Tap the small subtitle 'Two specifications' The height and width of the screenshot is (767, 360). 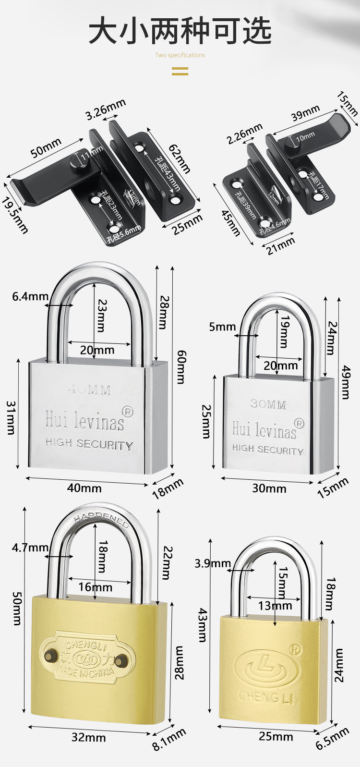pos(180,55)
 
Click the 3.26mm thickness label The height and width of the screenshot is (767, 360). pos(106,109)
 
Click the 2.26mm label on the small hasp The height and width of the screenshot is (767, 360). pos(245,133)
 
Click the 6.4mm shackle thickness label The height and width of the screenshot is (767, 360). pos(30,296)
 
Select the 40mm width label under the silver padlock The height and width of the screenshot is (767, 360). pos(84,488)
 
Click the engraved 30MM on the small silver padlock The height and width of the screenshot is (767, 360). pos(268,404)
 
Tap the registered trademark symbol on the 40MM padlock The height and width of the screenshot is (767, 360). pos(128,412)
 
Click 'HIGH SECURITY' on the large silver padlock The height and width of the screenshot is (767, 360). pos(89,444)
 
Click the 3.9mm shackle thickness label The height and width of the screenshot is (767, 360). pos(213,563)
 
